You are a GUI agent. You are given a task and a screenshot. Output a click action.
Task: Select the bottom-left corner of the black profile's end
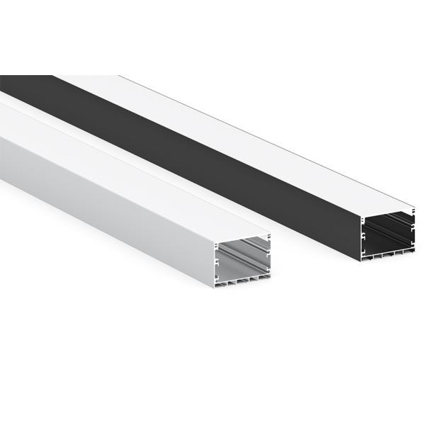pos(361,259)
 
